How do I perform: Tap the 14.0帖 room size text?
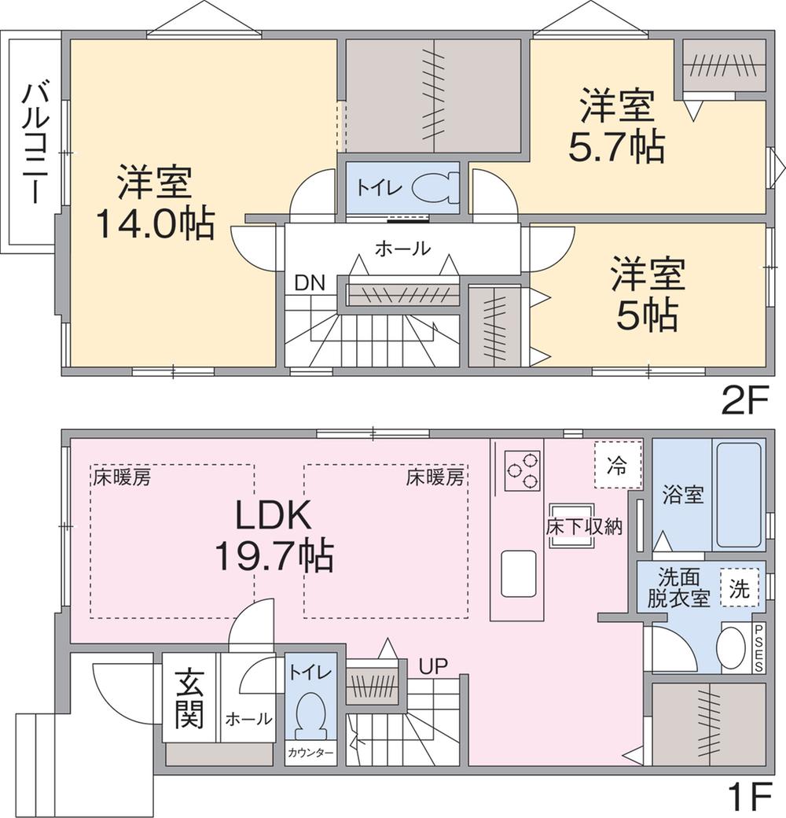point(156,223)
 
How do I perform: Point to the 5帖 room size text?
point(648,315)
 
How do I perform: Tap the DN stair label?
point(310,282)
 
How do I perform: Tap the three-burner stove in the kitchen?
point(522,470)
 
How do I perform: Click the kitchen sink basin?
point(519,573)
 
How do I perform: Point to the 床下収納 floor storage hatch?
point(571,526)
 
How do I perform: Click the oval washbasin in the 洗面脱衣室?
point(731,647)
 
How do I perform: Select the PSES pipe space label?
point(758,648)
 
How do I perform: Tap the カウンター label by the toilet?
point(310,753)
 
